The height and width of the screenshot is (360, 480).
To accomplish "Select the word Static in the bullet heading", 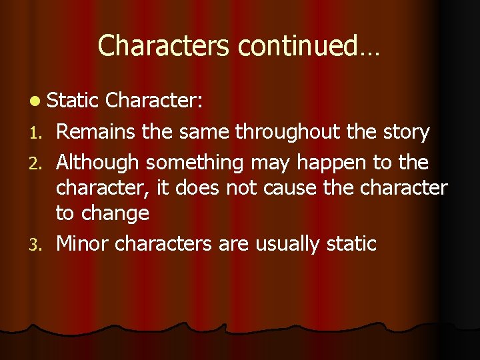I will pos(74,101).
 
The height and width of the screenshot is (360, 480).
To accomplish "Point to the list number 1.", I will pos(37,133).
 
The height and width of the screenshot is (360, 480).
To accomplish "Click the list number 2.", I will pos(37,162).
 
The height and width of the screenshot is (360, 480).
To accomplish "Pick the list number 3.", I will pos(37,245).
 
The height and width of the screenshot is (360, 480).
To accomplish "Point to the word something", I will pos(195,162).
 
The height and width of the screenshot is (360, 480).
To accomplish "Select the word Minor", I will pos(83,243).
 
